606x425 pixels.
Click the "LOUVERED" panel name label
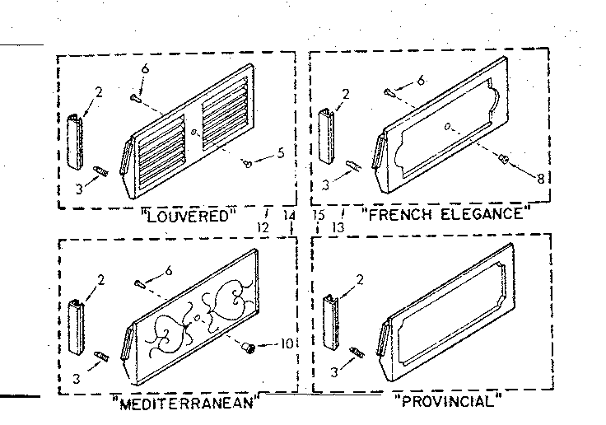pos(189,216)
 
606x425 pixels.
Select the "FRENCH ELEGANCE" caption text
pos(446,213)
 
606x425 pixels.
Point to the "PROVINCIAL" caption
pos(448,400)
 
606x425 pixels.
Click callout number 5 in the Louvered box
pos(281,153)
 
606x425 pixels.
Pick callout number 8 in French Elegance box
pos(540,178)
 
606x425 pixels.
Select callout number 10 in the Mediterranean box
pos(286,343)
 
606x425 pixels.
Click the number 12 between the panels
pos(263,227)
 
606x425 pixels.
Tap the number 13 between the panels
pos(338,227)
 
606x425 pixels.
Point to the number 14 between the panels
pos(289,215)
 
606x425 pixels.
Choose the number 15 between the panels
pos(319,215)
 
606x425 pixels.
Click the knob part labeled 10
pos(248,347)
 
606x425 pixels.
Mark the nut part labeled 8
pos(504,159)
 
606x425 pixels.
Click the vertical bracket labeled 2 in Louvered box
pos(75,141)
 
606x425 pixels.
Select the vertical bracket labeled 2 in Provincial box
pos(330,323)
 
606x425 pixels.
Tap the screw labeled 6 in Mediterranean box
pos(140,284)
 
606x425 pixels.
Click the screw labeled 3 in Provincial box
pos(356,353)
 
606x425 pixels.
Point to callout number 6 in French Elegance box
pos(421,81)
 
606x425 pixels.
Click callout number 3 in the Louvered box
pos(79,189)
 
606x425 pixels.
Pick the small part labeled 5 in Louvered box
pos(247,164)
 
